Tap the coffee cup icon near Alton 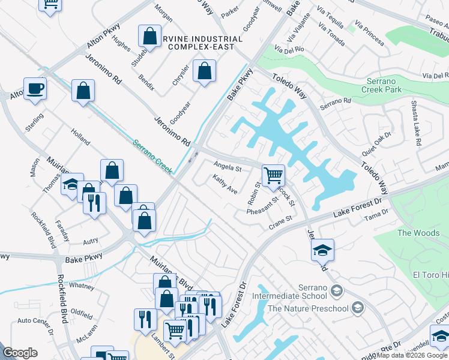pyautogui.click(x=35, y=88)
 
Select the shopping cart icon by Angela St pyautogui.click(x=273, y=175)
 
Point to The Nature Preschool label pyautogui.click(x=308, y=308)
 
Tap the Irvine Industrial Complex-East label pyautogui.click(x=201, y=43)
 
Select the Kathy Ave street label pyautogui.click(x=225, y=184)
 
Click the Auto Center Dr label pyautogui.click(x=35, y=321)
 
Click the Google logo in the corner pyautogui.click(x=20, y=353)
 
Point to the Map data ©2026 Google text pyautogui.click(x=412, y=355)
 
